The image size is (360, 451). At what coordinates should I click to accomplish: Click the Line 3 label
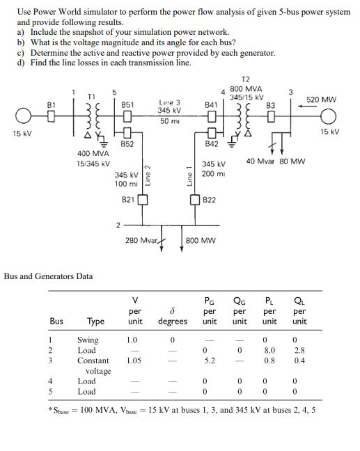click(169, 102)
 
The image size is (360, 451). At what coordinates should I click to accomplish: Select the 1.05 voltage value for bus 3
click(136, 361)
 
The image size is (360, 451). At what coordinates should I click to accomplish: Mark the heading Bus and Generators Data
click(49, 276)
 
